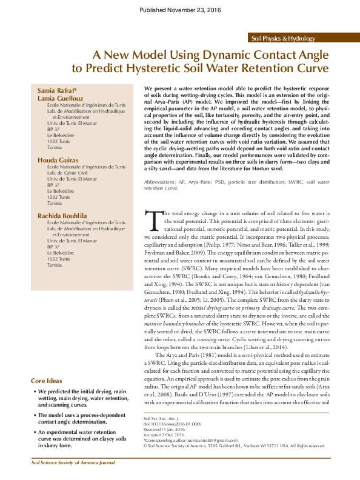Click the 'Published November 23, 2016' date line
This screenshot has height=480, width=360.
[x=180, y=10]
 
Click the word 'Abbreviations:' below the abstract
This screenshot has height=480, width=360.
[x=161, y=182]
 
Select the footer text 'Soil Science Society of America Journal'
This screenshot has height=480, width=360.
[x=65, y=462]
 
